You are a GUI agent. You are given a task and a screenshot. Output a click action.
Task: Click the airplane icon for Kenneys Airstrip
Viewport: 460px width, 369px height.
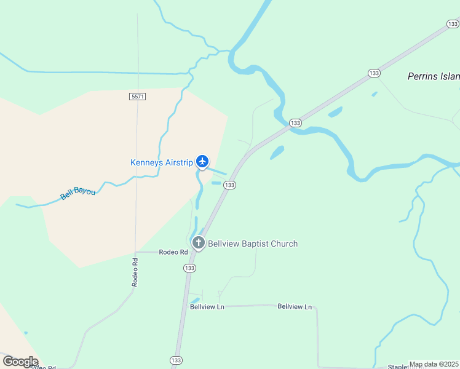tap(202, 162)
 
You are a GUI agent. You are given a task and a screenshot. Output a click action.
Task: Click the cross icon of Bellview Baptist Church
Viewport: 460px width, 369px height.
tap(198, 243)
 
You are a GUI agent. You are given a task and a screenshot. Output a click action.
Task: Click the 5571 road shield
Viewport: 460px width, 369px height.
tap(137, 97)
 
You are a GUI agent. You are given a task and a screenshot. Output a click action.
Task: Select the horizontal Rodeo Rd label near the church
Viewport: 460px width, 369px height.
tap(173, 252)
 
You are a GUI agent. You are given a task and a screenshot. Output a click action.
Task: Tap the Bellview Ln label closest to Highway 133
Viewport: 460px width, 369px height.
tap(207, 307)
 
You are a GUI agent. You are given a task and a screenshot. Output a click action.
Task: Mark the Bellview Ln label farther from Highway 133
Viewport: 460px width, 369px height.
tap(295, 306)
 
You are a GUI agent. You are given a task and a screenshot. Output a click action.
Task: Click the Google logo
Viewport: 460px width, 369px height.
tap(20, 362)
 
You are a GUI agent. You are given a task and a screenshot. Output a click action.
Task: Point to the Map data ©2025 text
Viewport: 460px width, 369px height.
tap(434, 364)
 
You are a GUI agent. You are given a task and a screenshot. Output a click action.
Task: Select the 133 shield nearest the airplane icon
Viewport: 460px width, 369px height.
tap(230, 185)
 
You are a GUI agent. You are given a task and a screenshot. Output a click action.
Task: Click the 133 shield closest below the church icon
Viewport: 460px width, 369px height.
tap(189, 268)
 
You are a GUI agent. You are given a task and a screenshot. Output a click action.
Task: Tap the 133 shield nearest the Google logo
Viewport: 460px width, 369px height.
tap(176, 360)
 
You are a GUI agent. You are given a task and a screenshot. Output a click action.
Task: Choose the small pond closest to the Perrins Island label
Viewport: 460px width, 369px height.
tap(375, 94)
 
